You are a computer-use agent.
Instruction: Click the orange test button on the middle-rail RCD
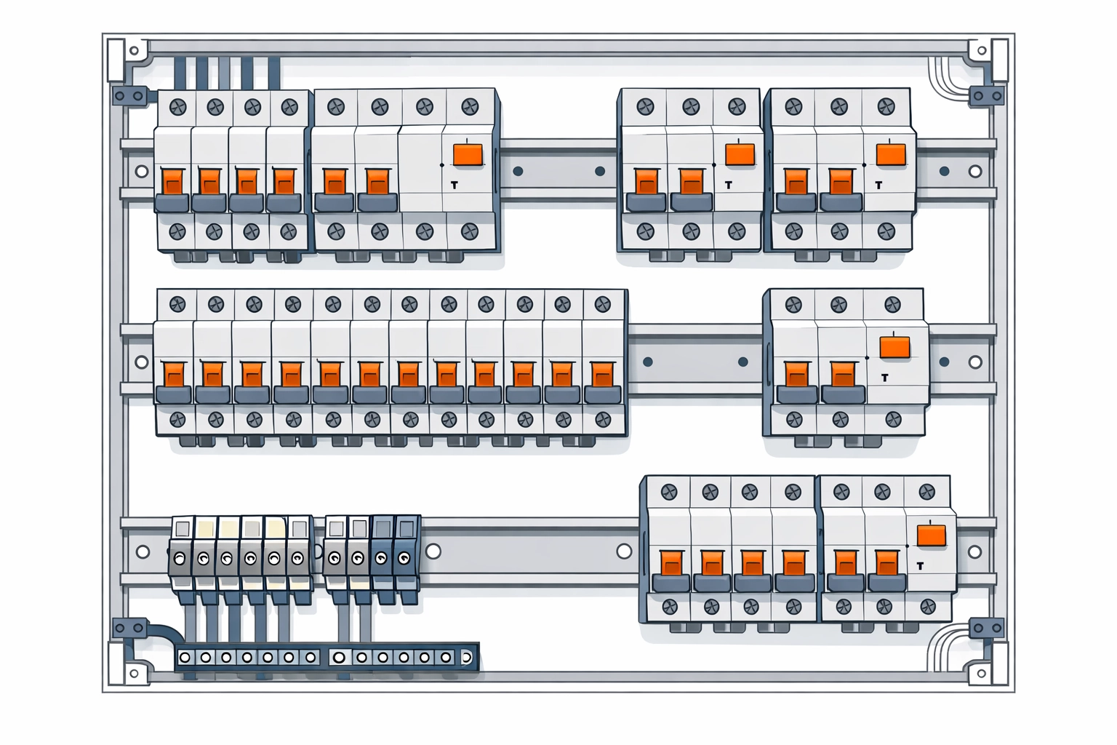[894, 346]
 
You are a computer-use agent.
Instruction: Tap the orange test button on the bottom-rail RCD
[932, 535]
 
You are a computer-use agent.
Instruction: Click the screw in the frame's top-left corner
[134, 52]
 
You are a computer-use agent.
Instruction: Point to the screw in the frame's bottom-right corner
[981, 674]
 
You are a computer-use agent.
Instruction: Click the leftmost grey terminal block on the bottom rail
[180, 558]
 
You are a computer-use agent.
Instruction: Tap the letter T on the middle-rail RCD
[884, 378]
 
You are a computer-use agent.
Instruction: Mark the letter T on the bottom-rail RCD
[921, 565]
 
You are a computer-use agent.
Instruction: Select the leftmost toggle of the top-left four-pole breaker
[172, 181]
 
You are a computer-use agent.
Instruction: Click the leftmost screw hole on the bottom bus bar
[185, 658]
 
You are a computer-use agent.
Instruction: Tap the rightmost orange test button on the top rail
[891, 155]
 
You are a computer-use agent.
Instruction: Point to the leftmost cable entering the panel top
[180, 73]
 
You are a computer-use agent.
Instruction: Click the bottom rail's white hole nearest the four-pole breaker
[624, 551]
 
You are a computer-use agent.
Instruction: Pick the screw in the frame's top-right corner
[981, 51]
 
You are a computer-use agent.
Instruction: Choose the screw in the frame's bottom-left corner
[134, 674]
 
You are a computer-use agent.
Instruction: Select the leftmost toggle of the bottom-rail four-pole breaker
[670, 562]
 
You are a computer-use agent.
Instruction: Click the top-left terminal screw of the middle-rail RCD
[793, 305]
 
